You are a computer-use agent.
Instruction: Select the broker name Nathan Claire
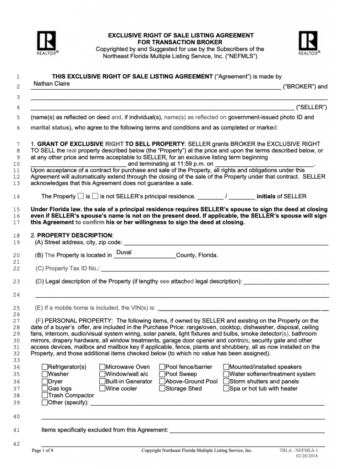(52, 84)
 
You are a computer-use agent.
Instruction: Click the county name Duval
(124, 252)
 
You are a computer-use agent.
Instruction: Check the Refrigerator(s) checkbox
(44, 367)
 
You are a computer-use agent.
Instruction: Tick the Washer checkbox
(44, 374)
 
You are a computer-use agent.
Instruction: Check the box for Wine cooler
(102, 389)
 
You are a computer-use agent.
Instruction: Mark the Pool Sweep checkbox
(162, 374)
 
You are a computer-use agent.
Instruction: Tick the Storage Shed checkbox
(162, 389)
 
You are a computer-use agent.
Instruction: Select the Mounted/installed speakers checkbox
(226, 367)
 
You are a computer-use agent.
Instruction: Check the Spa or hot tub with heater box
(226, 389)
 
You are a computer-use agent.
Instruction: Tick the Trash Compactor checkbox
(44, 396)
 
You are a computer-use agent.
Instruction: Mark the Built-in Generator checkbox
(102, 382)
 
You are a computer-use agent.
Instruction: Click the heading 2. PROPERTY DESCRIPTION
(68, 235)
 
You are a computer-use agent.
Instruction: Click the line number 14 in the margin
(17, 197)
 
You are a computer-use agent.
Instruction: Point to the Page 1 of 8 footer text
(43, 451)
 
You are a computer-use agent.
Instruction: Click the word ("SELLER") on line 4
(311, 108)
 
